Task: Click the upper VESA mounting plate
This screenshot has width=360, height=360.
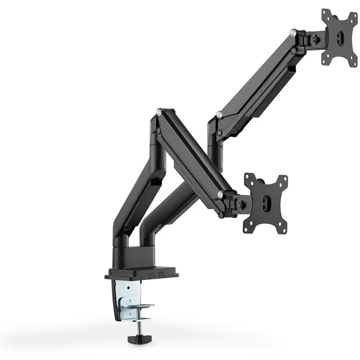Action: (340, 37)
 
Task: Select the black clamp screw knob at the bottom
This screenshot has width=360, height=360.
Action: (136, 341)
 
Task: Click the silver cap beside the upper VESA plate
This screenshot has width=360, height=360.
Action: (293, 33)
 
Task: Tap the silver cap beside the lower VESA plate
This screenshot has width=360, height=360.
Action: (220, 194)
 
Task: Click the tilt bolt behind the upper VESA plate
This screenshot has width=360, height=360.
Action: (315, 40)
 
